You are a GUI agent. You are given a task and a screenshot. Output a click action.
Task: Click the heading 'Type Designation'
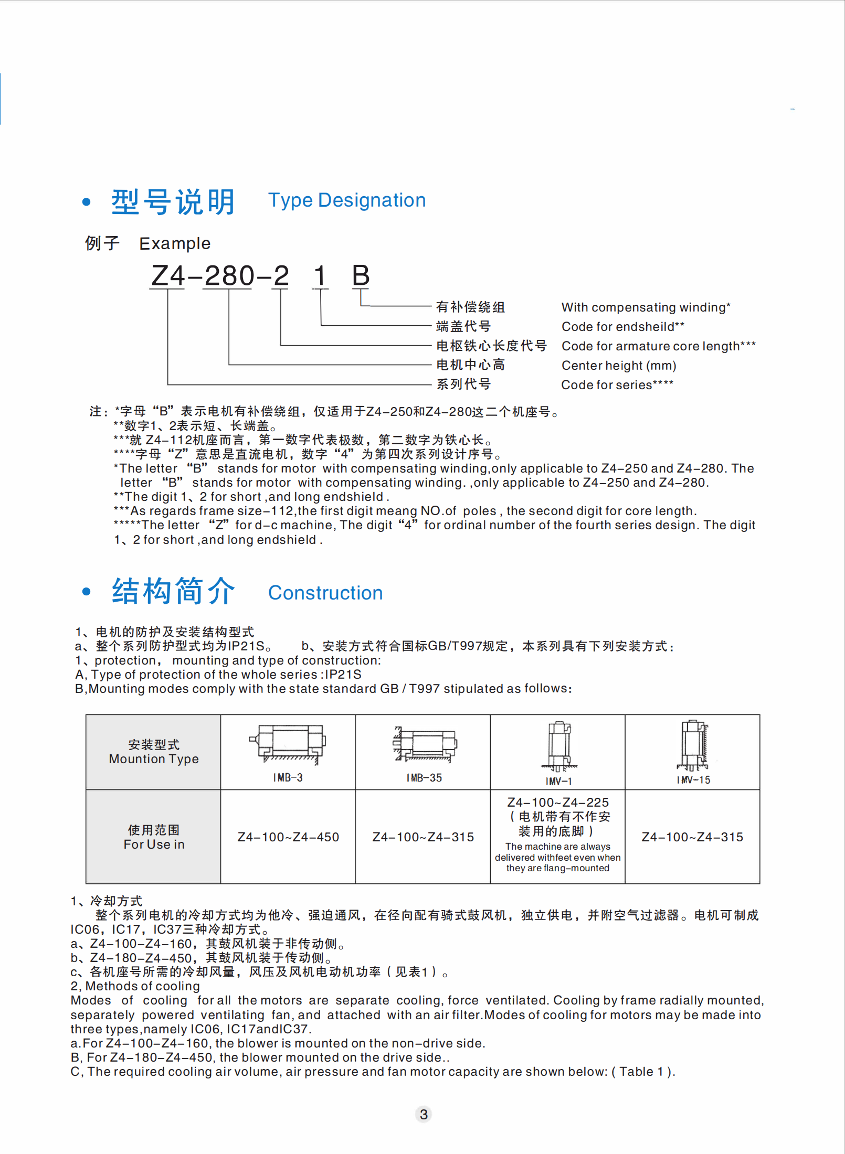(x=346, y=200)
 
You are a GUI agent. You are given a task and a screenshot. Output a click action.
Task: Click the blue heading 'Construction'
(x=325, y=593)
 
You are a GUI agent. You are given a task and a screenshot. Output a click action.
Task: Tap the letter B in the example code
(x=361, y=276)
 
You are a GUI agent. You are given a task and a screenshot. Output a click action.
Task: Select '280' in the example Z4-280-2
(x=229, y=276)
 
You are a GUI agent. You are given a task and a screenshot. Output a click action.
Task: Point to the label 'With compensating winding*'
(x=646, y=307)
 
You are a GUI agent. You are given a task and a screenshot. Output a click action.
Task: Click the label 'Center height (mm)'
(x=619, y=366)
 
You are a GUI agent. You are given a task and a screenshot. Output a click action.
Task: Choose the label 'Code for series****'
(x=617, y=385)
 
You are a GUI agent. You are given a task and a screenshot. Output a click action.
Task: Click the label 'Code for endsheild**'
(x=623, y=327)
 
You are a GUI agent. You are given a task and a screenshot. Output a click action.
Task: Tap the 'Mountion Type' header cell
(x=154, y=752)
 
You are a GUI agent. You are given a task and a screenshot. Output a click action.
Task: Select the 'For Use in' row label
(x=154, y=837)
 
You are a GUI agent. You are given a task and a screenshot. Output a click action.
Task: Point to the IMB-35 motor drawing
(x=425, y=744)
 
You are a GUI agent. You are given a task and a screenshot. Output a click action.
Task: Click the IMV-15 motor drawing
(x=694, y=745)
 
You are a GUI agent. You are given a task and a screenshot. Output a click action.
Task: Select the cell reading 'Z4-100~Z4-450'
(x=288, y=837)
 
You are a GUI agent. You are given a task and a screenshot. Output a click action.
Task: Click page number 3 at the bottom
(x=424, y=1114)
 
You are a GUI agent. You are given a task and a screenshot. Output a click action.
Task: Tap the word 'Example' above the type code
(x=175, y=244)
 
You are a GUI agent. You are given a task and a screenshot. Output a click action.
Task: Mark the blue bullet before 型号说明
(x=87, y=202)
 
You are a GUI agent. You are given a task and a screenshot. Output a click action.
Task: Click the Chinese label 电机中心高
(x=470, y=365)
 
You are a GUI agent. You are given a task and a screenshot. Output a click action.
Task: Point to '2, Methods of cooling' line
(x=135, y=986)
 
